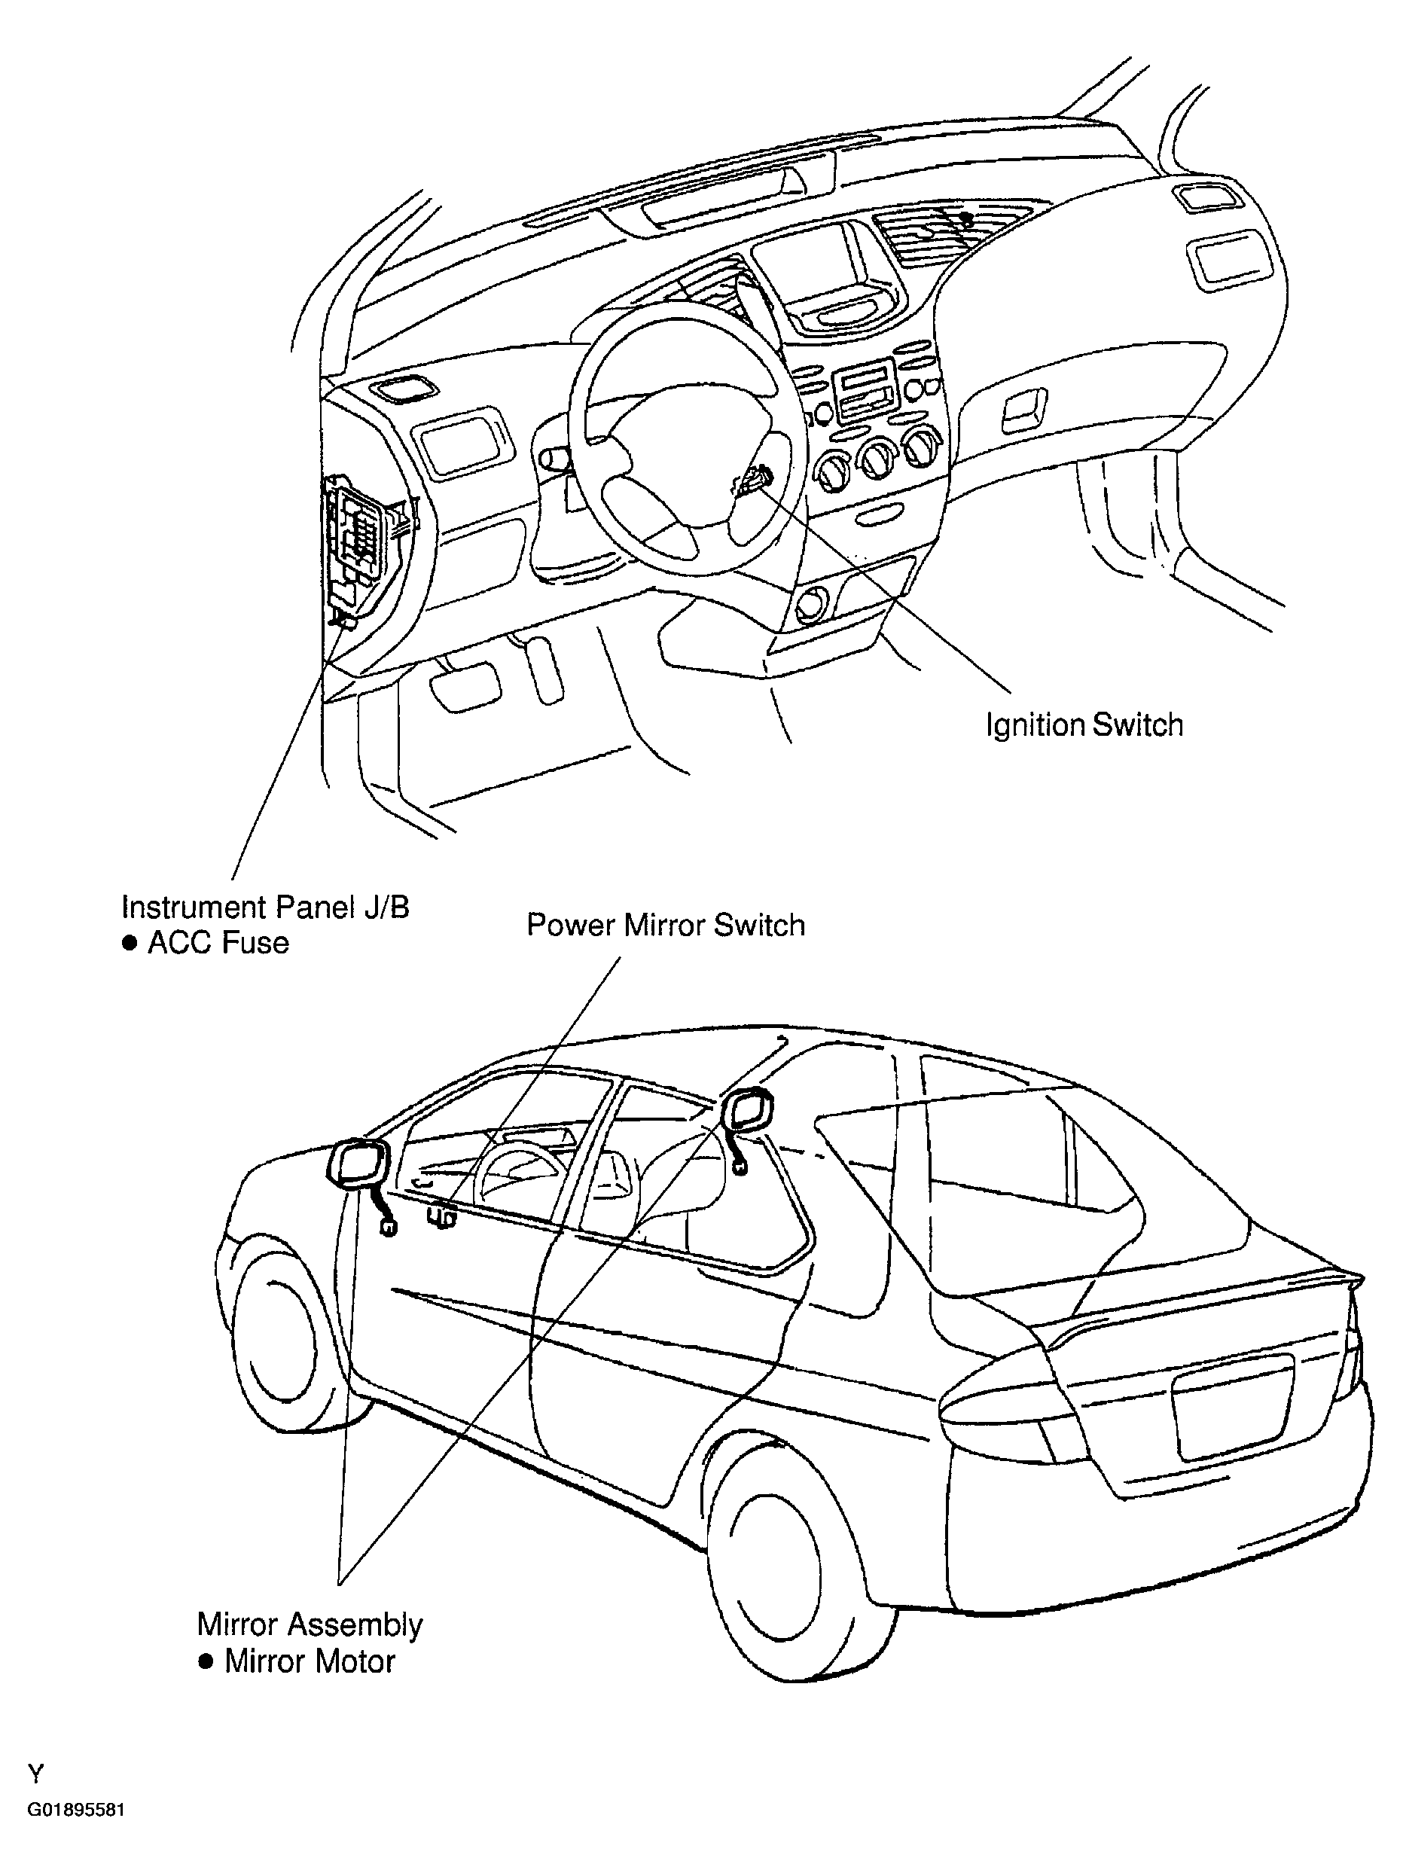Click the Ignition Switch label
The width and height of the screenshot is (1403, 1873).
(1084, 726)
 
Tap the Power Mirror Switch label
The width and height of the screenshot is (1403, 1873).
(666, 925)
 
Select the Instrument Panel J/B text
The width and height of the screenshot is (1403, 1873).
(265, 907)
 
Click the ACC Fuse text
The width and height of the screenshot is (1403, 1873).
(218, 942)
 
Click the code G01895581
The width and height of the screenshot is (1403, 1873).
(76, 1827)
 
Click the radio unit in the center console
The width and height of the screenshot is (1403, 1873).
(864, 391)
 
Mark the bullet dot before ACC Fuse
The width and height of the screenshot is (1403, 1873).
(130, 943)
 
